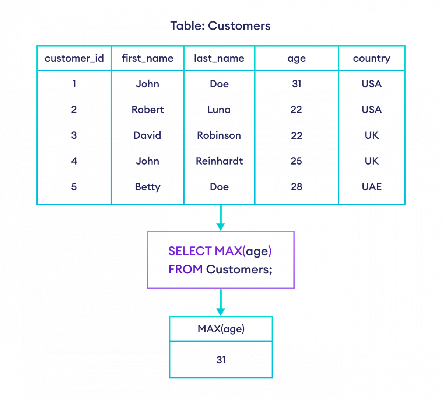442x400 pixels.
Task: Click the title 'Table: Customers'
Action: (x=220, y=26)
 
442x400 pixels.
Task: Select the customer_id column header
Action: (x=74, y=58)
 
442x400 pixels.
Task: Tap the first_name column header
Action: (x=147, y=58)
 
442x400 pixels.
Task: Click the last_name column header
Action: (x=219, y=58)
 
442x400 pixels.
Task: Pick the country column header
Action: (x=371, y=58)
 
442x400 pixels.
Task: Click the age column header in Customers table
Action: (x=297, y=58)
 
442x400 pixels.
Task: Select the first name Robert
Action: (x=147, y=110)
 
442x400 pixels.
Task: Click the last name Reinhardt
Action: (x=219, y=161)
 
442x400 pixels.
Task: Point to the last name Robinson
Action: (x=219, y=135)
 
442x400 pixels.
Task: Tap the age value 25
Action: (x=296, y=161)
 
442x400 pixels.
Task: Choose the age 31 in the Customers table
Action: (x=297, y=84)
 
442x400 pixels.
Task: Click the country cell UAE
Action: (x=371, y=187)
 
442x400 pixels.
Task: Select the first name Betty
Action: (x=147, y=187)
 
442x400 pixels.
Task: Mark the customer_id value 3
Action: (x=74, y=135)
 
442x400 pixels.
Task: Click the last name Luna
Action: (x=219, y=110)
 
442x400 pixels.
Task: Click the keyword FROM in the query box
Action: (x=185, y=269)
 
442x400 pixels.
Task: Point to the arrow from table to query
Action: (x=220, y=218)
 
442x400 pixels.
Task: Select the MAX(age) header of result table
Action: (x=221, y=329)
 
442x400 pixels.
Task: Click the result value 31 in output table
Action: (x=221, y=360)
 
